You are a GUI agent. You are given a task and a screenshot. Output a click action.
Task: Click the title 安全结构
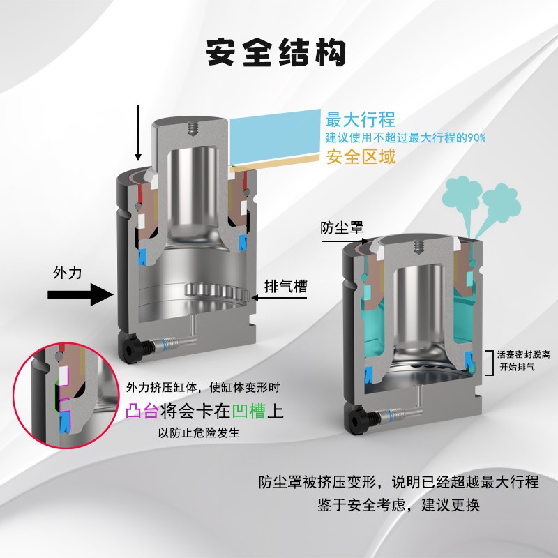click(277, 53)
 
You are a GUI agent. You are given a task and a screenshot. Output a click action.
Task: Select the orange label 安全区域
click(361, 156)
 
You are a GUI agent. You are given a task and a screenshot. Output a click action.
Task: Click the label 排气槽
click(286, 287)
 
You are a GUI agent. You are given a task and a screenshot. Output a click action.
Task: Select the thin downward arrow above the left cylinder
click(139, 133)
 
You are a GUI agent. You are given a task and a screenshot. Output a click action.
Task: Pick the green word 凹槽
click(250, 410)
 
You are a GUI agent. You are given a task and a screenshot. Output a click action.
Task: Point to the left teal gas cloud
click(461, 192)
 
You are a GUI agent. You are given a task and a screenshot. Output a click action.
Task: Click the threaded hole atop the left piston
click(190, 127)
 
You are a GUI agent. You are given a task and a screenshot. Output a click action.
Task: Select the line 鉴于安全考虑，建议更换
click(398, 505)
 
